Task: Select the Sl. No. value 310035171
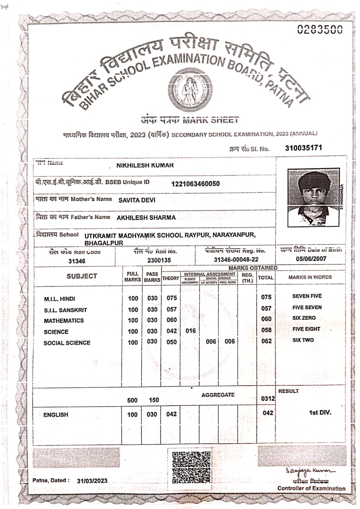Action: point(304,148)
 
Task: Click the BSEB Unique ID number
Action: point(195,184)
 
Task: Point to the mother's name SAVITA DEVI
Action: point(137,200)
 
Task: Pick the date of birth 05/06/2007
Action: point(311,258)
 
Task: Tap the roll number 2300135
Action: point(159,260)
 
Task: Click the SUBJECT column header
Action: point(82,276)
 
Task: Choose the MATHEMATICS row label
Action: point(64,321)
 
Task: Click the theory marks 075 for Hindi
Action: point(171,298)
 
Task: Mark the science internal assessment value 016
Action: point(191,331)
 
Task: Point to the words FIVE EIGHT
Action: point(306,329)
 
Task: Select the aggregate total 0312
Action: point(268,398)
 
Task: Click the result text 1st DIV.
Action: point(320,412)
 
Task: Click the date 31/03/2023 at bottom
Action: point(92,480)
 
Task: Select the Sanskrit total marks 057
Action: point(267,308)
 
